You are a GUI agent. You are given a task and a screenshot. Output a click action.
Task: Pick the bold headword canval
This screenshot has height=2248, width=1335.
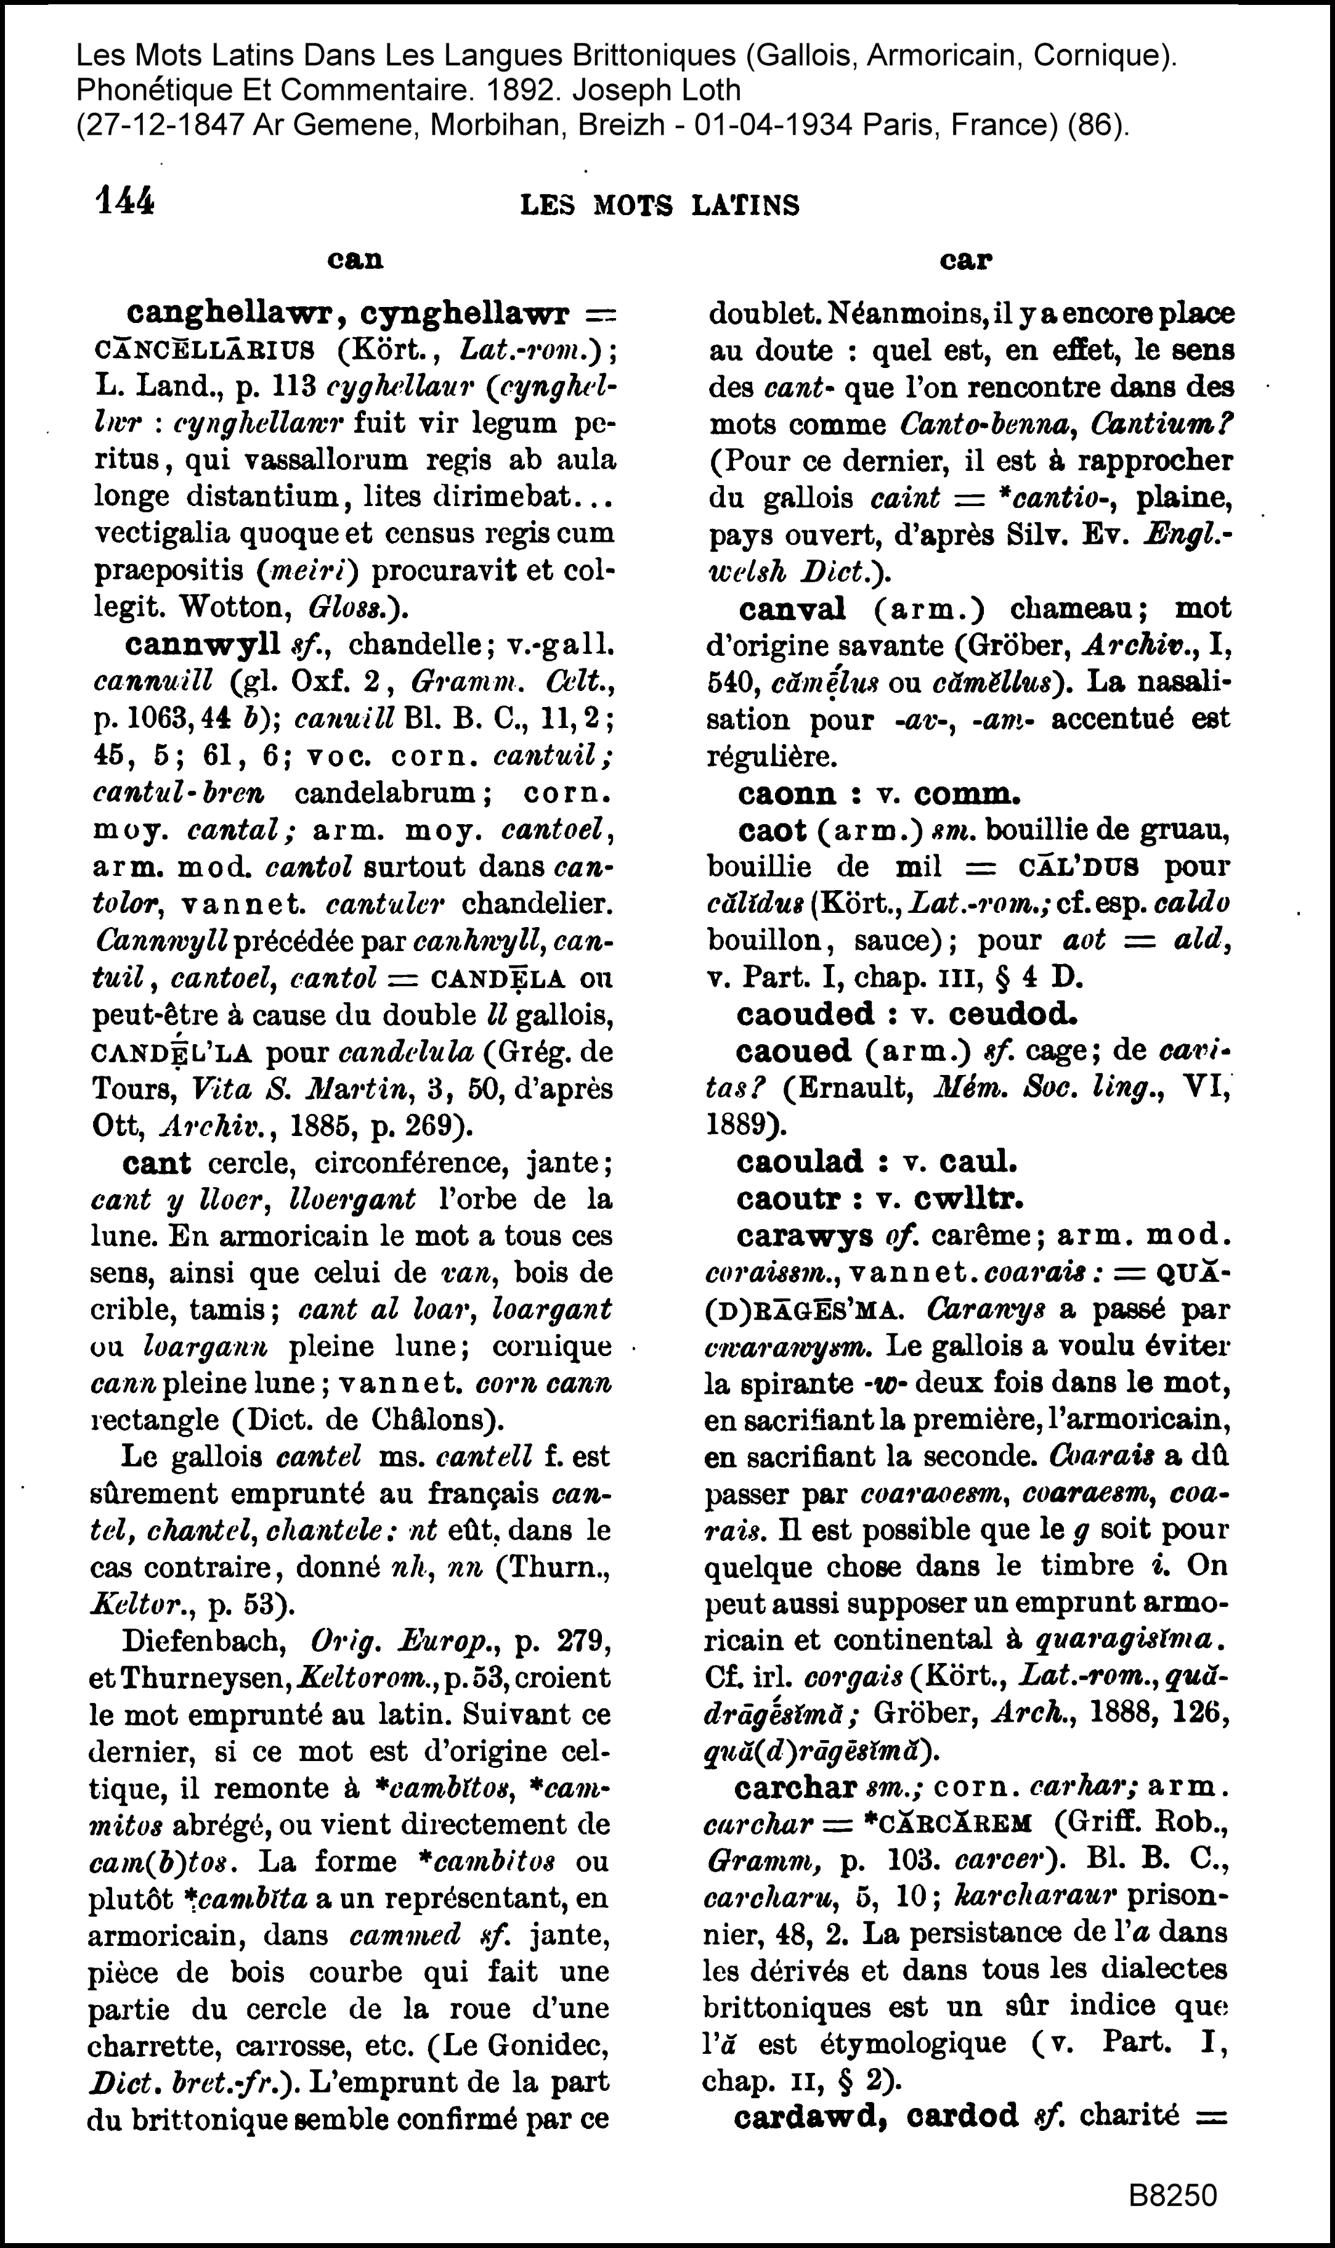792,608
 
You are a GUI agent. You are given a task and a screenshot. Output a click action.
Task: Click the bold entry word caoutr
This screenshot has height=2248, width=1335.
792,1199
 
